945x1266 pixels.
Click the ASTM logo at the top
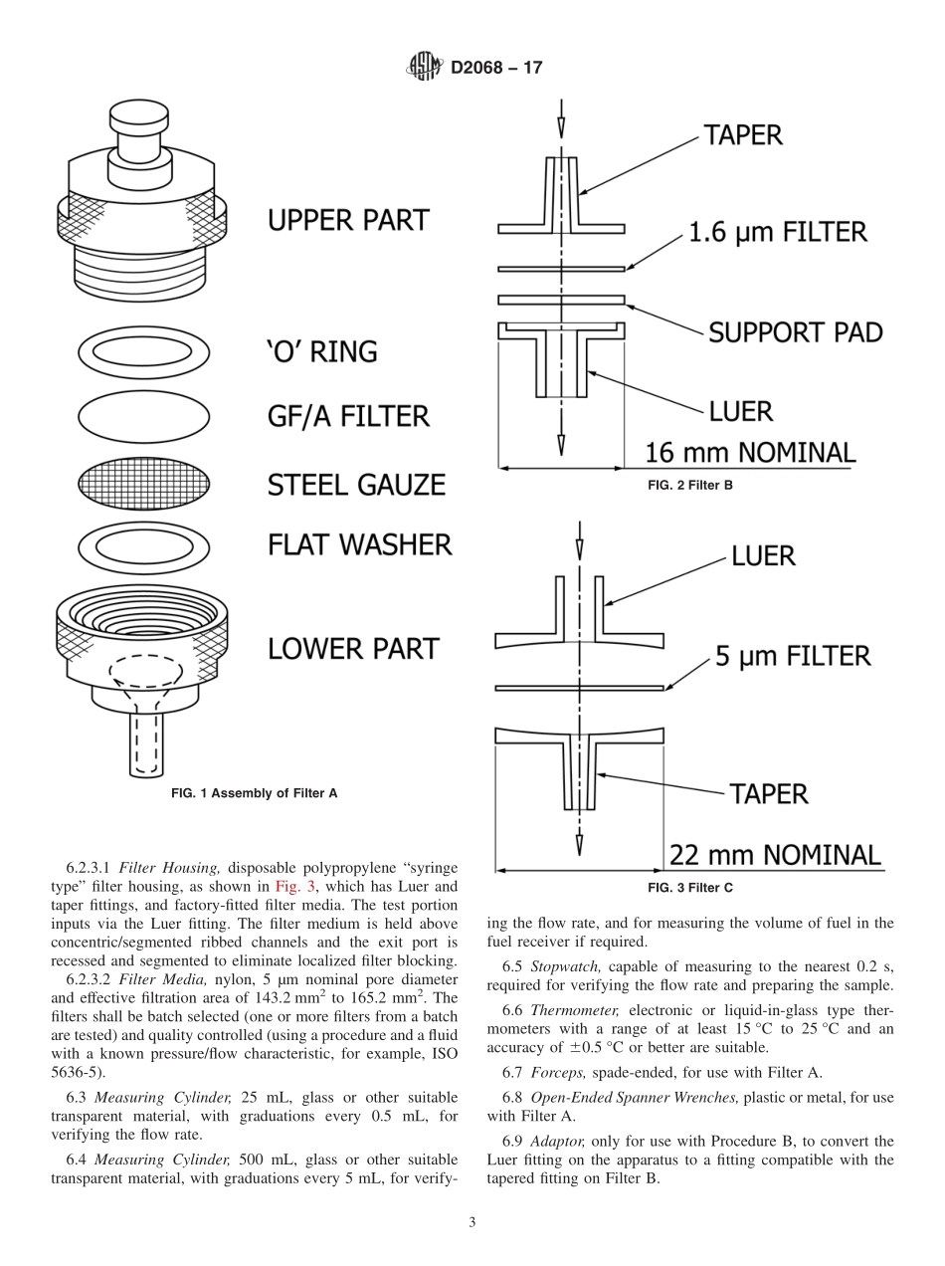424,68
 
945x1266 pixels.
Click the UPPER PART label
348,220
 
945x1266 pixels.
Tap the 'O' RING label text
322,351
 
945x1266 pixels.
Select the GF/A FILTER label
348,415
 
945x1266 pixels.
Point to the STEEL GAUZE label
356,485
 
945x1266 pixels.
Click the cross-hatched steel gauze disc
144,485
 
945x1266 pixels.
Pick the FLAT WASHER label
359,544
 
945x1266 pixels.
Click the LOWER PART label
353,649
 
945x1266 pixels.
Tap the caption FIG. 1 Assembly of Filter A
255,793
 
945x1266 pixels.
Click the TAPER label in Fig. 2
744,135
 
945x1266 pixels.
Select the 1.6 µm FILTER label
778,233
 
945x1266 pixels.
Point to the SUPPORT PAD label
795,332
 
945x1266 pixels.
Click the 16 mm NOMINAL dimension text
750,453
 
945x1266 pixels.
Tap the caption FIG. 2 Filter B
689,486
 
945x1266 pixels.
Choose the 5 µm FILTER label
793,657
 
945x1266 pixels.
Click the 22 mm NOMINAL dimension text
775,855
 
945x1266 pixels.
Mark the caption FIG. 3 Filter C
689,888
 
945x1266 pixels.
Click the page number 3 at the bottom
472,1223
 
